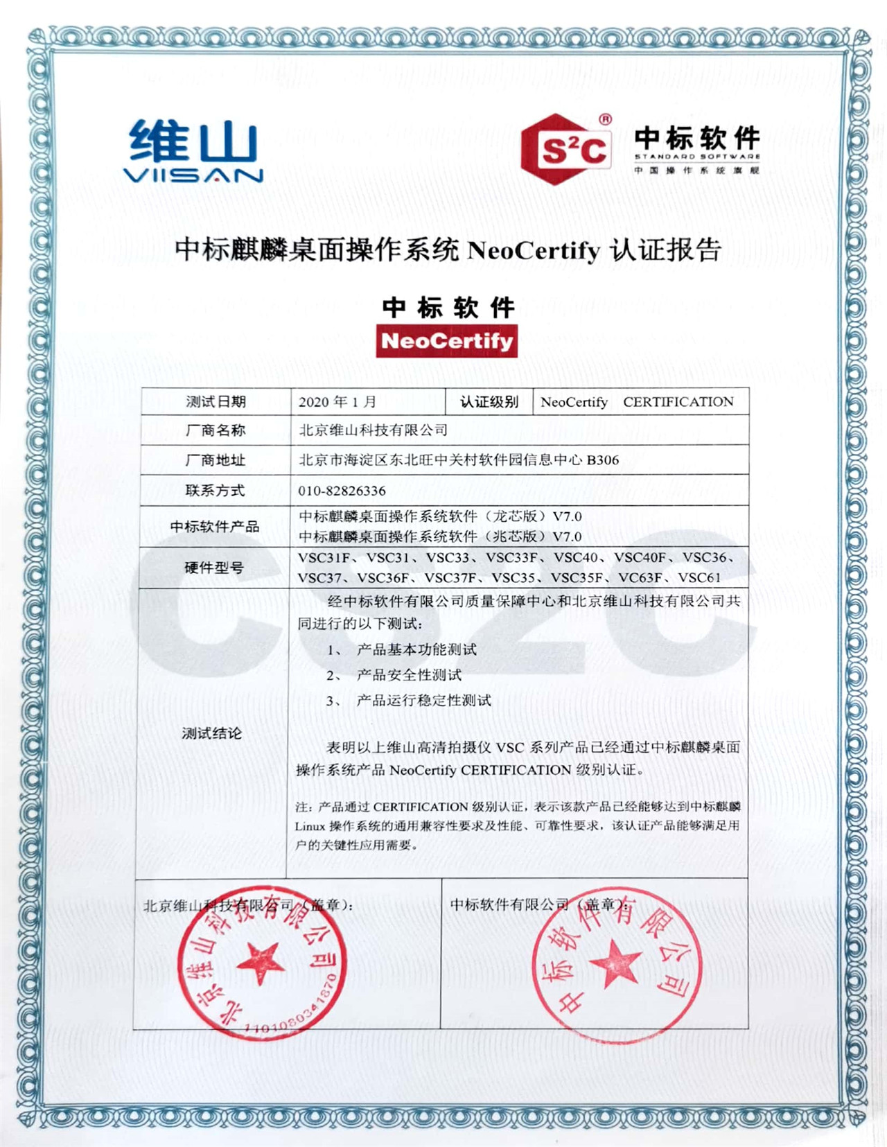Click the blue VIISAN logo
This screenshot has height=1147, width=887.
[x=193, y=151]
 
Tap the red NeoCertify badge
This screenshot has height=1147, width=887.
[x=446, y=342]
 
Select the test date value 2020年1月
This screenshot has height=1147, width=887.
[x=337, y=402]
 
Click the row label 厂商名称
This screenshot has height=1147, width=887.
[x=216, y=430]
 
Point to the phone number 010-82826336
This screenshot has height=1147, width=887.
[x=342, y=491]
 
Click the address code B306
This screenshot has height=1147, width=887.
[x=602, y=459]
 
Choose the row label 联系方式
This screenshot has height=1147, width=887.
[x=215, y=491]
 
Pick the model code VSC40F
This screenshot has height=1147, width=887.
[x=640, y=557]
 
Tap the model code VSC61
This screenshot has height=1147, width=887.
[x=699, y=577]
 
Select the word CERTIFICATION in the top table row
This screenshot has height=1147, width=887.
[x=678, y=402]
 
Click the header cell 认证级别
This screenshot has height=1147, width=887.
[x=489, y=402]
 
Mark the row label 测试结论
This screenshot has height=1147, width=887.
[x=211, y=733]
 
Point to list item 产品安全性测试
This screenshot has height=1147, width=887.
[x=409, y=675]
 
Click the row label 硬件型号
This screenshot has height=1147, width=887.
[x=214, y=568]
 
